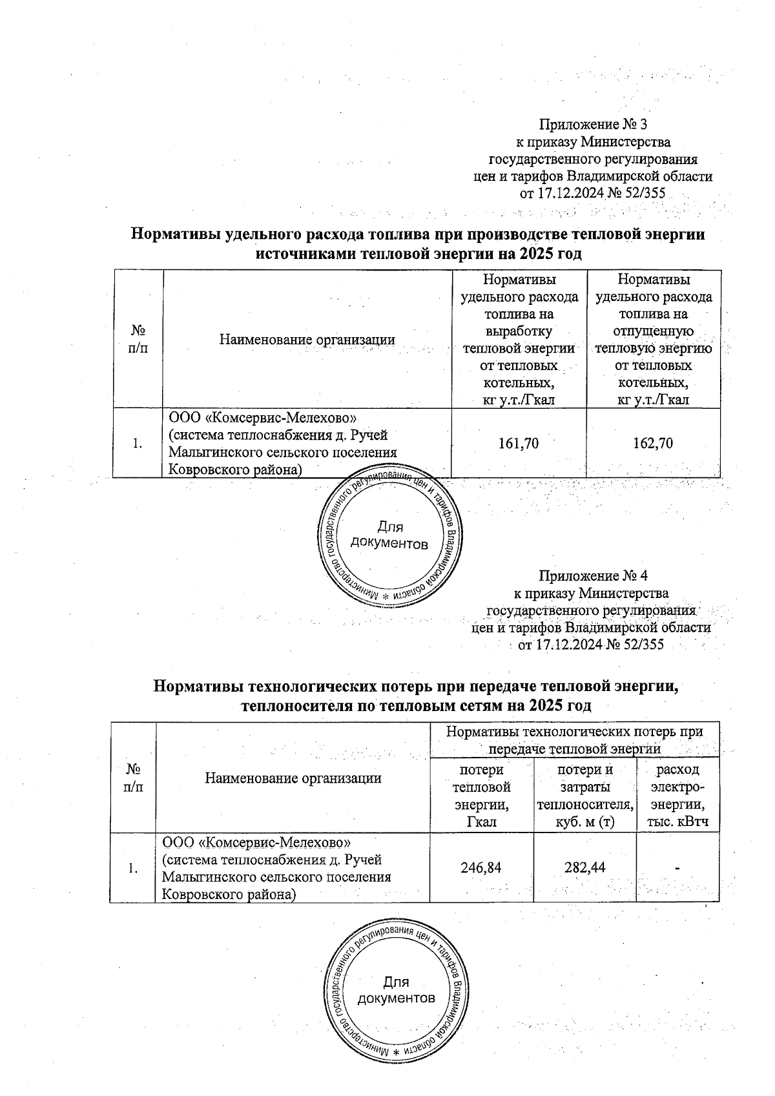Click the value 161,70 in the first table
click(519, 443)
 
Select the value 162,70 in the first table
click(654, 443)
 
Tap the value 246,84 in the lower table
click(481, 867)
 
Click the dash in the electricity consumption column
click(677, 867)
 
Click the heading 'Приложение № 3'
click(593, 123)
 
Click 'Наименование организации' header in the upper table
click(307, 339)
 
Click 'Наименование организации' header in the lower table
click(293, 778)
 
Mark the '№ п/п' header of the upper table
click(138, 339)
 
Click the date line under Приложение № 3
click(593, 193)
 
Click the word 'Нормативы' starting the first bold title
click(170, 234)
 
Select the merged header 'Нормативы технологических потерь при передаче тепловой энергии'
click(574, 740)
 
